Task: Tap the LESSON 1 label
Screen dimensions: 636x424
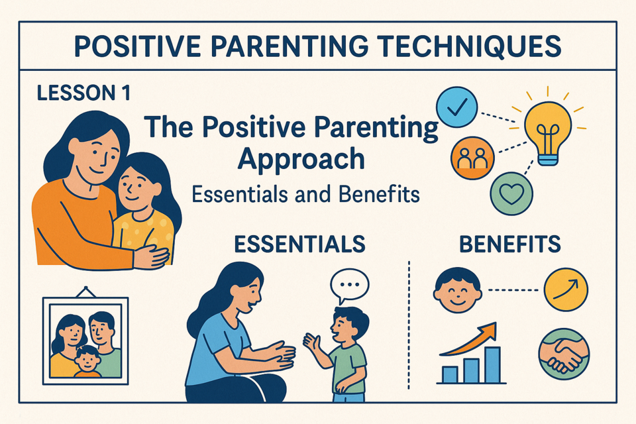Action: tap(84, 93)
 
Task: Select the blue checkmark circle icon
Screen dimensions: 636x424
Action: tap(456, 107)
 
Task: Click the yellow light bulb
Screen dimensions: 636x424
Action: tap(548, 132)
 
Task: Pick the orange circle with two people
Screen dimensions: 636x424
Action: tap(472, 158)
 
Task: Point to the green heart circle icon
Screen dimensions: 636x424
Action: tap(511, 193)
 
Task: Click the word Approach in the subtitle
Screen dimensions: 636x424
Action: tap(301, 160)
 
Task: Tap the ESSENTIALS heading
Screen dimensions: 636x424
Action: tap(299, 244)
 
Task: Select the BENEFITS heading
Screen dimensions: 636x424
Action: tap(510, 244)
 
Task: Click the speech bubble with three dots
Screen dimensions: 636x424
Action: tap(349, 286)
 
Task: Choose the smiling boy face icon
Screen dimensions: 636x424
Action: tap(458, 290)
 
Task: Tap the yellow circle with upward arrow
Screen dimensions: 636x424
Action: tap(566, 290)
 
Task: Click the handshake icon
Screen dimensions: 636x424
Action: tap(564, 353)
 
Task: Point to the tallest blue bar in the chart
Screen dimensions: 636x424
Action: tap(492, 365)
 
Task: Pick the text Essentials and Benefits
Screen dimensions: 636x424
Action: tap(305, 194)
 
